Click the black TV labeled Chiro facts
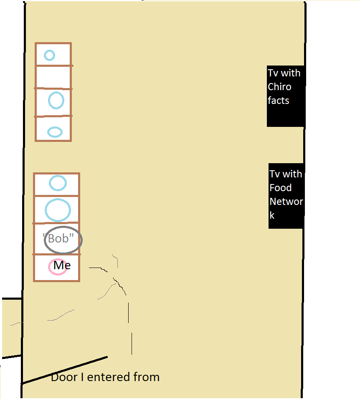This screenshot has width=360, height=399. (286, 96)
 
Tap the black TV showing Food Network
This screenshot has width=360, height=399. (286, 196)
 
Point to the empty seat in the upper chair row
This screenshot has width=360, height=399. (53, 77)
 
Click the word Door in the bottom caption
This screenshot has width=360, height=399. (64, 377)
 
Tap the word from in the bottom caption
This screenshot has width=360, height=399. (147, 377)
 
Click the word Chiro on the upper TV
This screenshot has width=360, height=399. (279, 87)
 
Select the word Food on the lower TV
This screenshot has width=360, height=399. (280, 188)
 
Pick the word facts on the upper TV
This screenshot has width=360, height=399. (278, 101)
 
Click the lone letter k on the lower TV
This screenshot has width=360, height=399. (272, 215)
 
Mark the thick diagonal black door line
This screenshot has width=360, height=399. (64, 370)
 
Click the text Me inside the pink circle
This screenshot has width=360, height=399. (62, 265)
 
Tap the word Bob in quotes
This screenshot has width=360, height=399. (58, 239)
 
